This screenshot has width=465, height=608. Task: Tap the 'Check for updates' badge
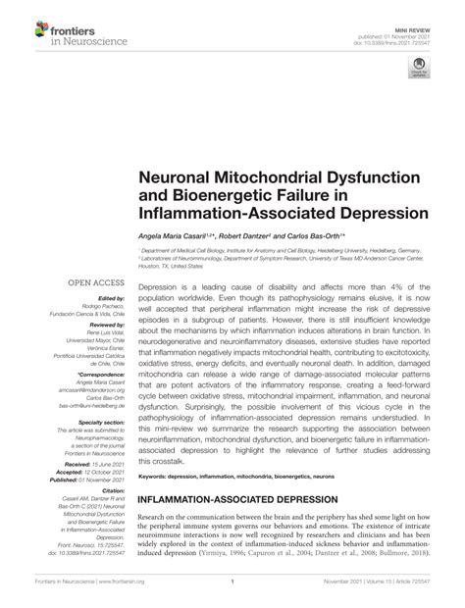417,69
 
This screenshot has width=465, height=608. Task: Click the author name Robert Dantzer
245,237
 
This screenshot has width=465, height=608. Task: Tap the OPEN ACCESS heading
93,282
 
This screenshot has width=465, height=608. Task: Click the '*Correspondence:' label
103,373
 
